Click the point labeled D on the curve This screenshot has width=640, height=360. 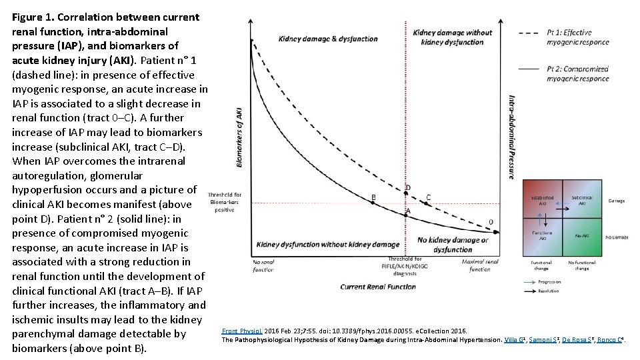(x=408, y=187)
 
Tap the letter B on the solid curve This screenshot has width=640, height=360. (x=373, y=197)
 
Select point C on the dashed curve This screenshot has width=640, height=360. (x=428, y=197)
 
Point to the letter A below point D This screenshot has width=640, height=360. (x=408, y=211)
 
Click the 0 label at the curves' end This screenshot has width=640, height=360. (x=491, y=221)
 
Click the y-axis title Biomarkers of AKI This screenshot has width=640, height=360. (x=239, y=137)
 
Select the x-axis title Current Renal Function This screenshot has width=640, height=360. (x=378, y=287)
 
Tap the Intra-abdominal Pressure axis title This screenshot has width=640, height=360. (x=511, y=137)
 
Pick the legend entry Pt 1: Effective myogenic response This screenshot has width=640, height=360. (x=577, y=37)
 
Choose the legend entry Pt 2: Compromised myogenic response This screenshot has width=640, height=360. (x=577, y=73)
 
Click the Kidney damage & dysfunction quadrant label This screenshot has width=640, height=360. (x=328, y=39)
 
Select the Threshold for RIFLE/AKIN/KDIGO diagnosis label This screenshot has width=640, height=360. (x=409, y=266)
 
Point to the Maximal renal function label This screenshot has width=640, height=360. (x=481, y=265)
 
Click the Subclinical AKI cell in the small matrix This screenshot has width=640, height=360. (x=582, y=200)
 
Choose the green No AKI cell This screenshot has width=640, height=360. (x=582, y=235)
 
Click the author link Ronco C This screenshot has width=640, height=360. (x=609, y=339)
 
